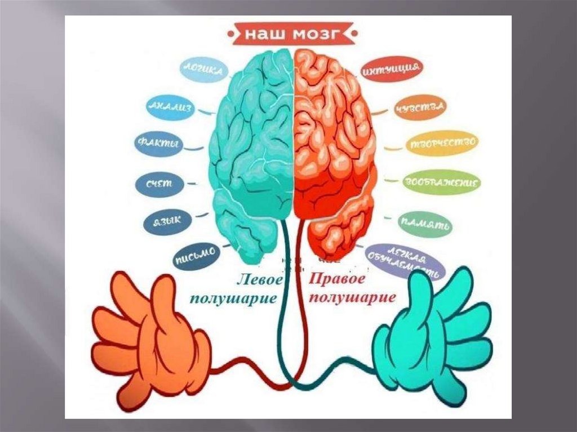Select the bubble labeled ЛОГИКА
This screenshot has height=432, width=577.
coord(204,70)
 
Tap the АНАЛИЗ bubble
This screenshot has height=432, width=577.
coord(170,106)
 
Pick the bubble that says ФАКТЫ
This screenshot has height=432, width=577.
coord(158,144)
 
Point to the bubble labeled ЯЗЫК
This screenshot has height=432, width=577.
coord(168,221)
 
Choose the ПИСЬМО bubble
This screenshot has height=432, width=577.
coord(194,256)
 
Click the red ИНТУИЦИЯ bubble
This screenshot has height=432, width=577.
coord(391,70)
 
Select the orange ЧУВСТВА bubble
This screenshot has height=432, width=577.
coord(420,107)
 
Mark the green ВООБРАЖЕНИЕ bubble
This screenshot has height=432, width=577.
coord(442,182)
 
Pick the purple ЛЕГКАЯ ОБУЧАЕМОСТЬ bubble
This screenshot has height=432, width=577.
coord(405,261)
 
